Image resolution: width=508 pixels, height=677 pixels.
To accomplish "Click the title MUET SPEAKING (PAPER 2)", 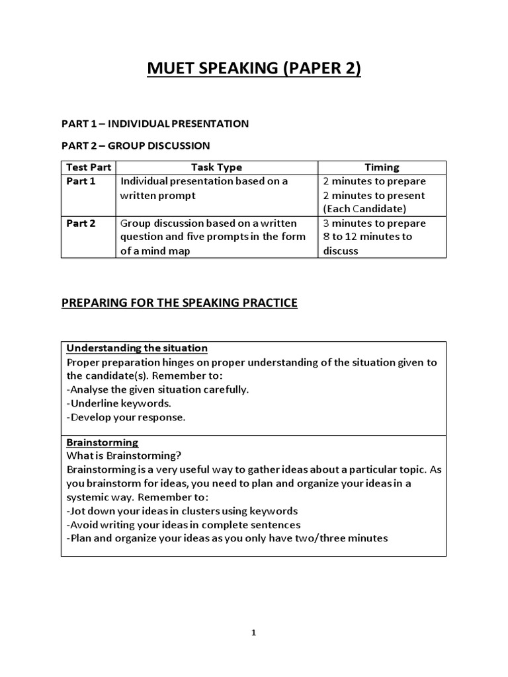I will click(x=254, y=69).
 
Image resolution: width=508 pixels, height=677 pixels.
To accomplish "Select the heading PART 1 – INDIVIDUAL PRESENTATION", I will click(x=155, y=124).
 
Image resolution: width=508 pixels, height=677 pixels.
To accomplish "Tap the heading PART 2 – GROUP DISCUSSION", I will click(x=136, y=145).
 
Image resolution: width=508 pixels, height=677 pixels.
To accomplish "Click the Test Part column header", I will click(x=88, y=167).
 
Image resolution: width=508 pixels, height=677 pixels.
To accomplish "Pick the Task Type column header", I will click(x=216, y=167).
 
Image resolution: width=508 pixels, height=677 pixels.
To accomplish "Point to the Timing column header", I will click(x=382, y=167).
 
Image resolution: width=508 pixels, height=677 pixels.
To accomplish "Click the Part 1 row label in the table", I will click(x=81, y=181).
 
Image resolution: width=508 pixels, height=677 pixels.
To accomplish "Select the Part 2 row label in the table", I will click(x=81, y=223).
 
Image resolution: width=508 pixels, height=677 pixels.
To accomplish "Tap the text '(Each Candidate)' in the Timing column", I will click(x=364, y=209).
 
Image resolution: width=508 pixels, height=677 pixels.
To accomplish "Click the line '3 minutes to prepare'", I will click(x=374, y=223).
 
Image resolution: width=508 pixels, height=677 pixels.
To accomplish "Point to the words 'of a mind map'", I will click(x=155, y=251).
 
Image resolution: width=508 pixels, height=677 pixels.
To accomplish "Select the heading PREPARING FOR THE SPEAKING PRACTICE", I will click(x=179, y=303).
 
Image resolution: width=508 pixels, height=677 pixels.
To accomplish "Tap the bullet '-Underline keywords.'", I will click(x=120, y=403).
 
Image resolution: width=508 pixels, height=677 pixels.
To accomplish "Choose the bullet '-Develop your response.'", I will click(x=126, y=417).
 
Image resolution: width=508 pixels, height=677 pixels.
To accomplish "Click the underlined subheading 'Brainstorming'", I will click(x=103, y=442).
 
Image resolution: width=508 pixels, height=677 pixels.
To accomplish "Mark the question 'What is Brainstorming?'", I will click(x=124, y=456).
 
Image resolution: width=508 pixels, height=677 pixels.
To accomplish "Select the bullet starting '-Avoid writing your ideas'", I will click(x=184, y=524).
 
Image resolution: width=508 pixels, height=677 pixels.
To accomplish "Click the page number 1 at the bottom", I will click(x=254, y=633).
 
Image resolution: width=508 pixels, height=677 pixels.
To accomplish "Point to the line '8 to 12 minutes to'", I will click(x=368, y=237).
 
